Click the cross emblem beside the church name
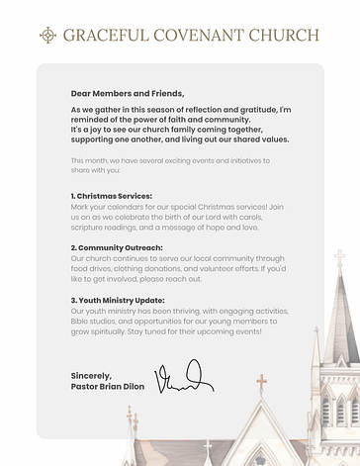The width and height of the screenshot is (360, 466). click(47, 36)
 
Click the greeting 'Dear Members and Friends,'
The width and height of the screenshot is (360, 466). click(127, 93)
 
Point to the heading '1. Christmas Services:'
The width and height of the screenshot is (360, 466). click(111, 196)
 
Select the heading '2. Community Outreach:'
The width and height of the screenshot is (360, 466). click(117, 247)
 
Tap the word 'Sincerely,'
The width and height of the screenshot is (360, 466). click(91, 375)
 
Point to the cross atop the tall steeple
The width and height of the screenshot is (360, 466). click(340, 259)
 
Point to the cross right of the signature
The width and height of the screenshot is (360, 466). click(262, 381)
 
